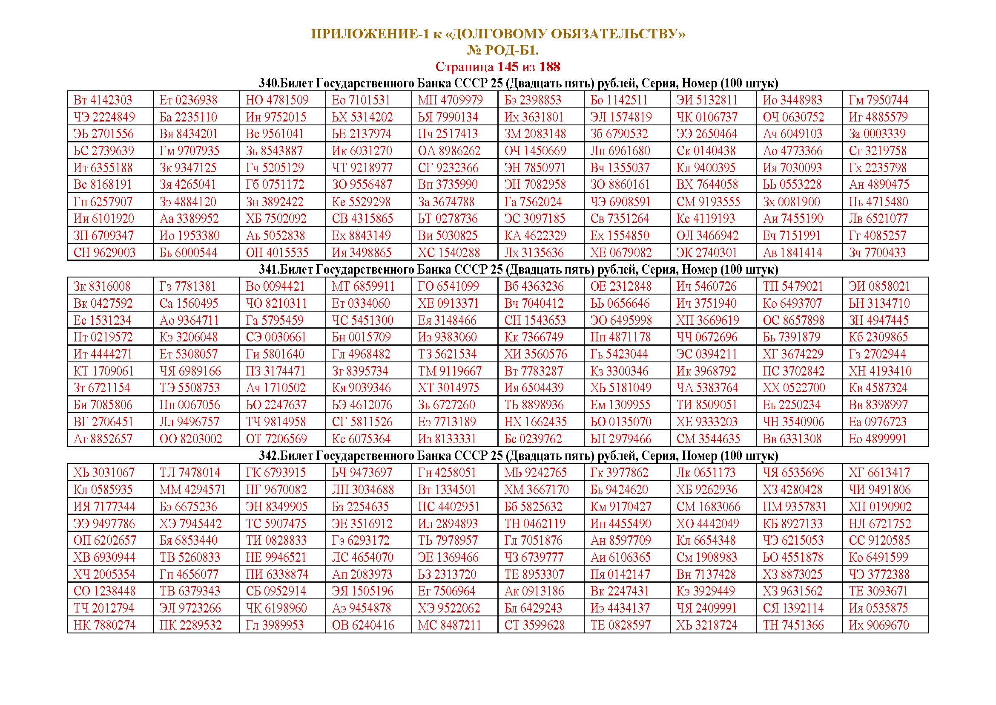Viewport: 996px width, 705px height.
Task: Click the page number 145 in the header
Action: coord(508,67)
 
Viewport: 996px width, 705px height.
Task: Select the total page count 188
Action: coord(550,67)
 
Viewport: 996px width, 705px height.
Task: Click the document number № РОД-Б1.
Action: coord(502,51)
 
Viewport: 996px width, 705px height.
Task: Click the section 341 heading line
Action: coord(518,269)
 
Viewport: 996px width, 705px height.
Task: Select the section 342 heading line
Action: coord(518,456)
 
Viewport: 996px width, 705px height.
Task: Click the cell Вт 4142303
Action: coord(103,100)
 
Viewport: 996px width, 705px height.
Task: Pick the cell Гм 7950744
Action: coord(878,100)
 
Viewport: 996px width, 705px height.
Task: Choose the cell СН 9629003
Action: coord(105,253)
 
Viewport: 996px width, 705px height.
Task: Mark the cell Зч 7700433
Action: coord(877,253)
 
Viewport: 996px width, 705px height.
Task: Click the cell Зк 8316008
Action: coord(102,286)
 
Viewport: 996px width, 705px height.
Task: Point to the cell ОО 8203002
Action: coord(191,439)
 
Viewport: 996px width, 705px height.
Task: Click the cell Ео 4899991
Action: coord(878,439)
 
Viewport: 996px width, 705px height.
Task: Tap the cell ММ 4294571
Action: coord(192,490)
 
